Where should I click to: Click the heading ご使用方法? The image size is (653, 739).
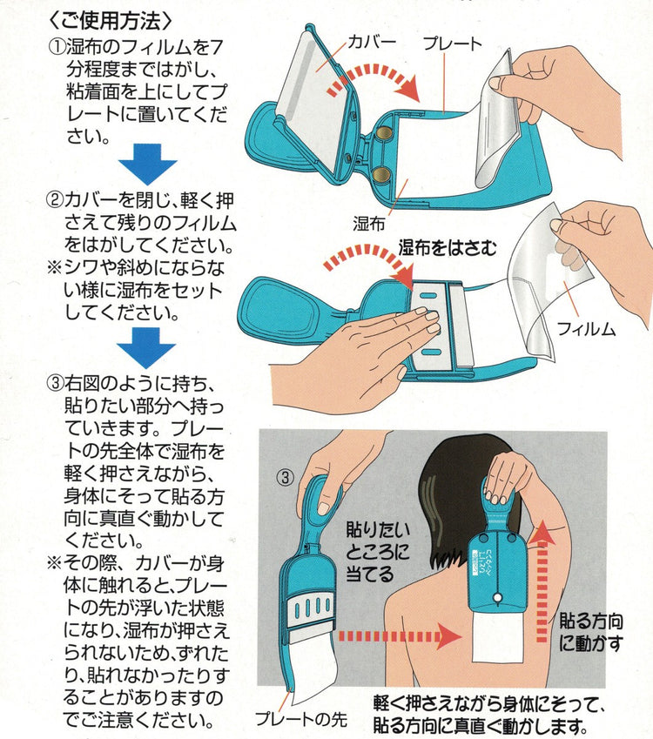(111, 21)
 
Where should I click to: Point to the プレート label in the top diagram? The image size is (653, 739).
(453, 44)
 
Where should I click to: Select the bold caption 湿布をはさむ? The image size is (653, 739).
(448, 247)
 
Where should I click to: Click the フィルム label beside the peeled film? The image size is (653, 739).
(586, 328)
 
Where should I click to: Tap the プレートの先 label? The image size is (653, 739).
(301, 719)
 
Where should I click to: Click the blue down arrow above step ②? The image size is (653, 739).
(147, 164)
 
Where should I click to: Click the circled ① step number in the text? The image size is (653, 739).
(57, 47)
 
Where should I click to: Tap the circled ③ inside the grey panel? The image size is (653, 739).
(285, 477)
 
